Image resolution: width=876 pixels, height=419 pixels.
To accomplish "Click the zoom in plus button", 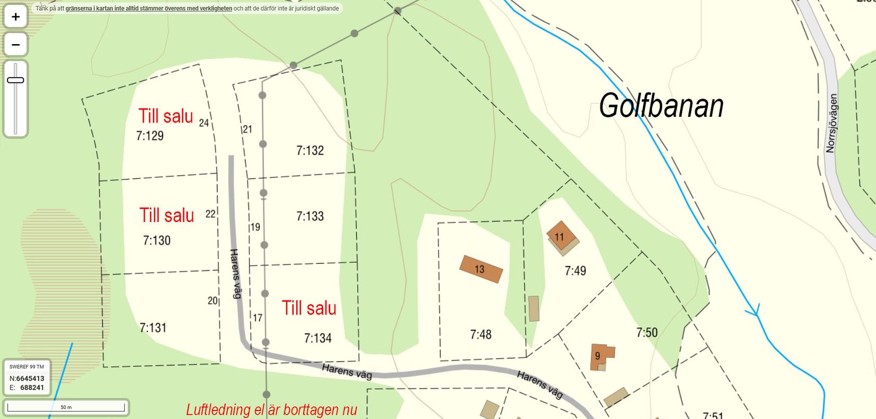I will click(15, 17).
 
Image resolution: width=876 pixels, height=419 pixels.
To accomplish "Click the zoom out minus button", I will click(15, 45).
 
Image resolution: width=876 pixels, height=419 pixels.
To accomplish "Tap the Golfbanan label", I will click(661, 106).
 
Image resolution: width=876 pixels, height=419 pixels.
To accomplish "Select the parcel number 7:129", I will click(150, 136).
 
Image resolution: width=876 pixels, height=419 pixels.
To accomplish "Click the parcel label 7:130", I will click(157, 241).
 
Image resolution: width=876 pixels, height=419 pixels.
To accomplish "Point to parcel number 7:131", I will click(153, 328).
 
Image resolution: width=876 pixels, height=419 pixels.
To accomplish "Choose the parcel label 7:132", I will click(310, 151).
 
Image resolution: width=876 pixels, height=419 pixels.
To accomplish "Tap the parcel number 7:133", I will click(310, 216).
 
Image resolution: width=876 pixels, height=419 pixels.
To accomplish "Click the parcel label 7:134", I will click(317, 338).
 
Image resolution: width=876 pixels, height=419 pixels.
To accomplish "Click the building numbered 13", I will click(480, 269).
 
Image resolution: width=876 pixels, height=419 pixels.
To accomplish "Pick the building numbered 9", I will click(599, 356).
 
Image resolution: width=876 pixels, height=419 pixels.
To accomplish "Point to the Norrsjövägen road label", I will click(831, 123).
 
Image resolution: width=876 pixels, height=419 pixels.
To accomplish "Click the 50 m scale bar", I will click(66, 407).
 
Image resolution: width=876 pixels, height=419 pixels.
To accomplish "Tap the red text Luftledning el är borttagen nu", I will click(271, 410).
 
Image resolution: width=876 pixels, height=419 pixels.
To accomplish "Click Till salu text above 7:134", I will click(309, 308).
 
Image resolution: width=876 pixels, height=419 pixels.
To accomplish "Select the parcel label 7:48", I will click(480, 335).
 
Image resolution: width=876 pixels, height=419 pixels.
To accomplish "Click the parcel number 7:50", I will click(647, 333).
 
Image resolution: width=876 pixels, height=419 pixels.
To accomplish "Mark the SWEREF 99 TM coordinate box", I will click(27, 378).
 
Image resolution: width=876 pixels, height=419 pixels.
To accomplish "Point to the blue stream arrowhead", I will click(754, 311).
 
